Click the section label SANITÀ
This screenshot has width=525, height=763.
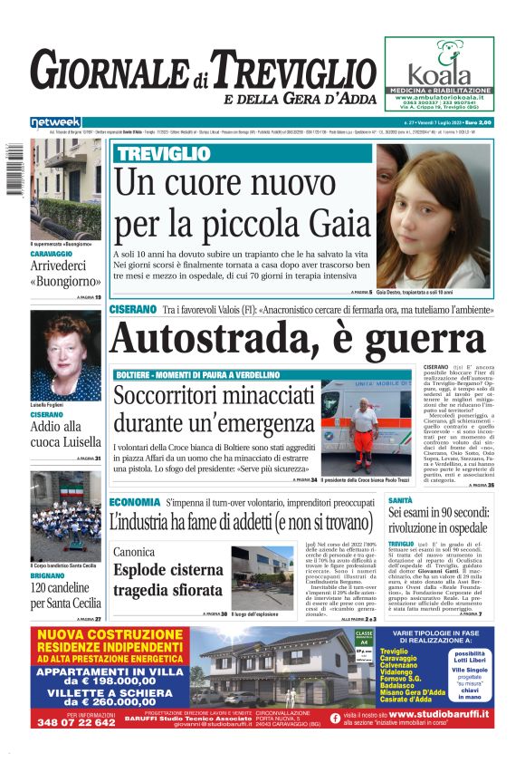click(x=400, y=499)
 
